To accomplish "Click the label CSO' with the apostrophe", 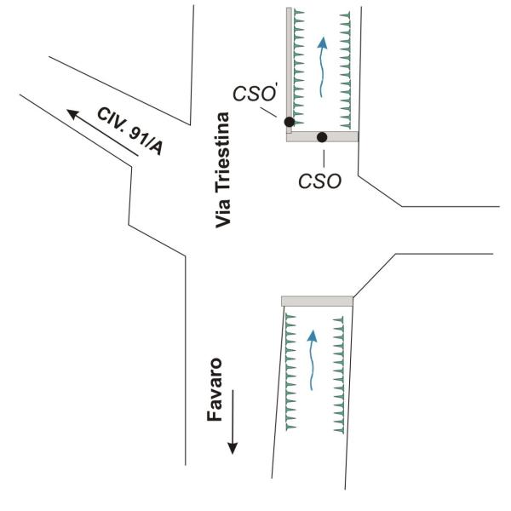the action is coord(255,94).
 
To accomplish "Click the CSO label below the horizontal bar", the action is coord(319,181).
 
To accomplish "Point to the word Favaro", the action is coord(215,389).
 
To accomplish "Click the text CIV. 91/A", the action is coord(129,131).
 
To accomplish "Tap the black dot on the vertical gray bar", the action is coord(290,122).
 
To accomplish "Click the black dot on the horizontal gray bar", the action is coord(322,137).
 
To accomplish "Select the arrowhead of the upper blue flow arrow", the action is coord(322,43).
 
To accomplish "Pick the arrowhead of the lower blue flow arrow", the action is coord(313,336).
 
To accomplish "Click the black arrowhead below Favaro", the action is coord(233,449).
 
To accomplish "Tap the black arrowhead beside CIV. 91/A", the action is coord(73,114).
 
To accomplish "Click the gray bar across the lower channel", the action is coord(317,301).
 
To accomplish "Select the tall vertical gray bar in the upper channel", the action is coord(289,71).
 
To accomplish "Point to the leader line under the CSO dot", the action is coord(324,158).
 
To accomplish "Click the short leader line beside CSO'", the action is coord(268,112).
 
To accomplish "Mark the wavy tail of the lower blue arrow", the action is coord(312,366).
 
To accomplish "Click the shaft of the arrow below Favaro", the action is coord(233,416).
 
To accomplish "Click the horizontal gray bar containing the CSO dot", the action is coord(322,136).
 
